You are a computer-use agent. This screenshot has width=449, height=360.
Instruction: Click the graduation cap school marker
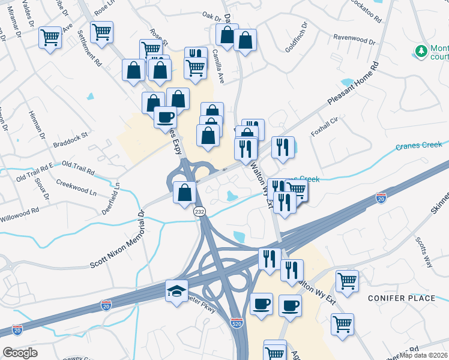coord(176,291)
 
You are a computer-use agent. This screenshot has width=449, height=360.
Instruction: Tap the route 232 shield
coord(200,212)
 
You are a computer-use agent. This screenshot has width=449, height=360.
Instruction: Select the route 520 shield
coord(237,323)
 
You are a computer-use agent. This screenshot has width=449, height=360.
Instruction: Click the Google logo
coord(20,353)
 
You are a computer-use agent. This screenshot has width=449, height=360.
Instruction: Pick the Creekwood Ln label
coord(76,185)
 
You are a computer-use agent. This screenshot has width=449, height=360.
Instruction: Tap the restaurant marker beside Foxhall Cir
coord(283,148)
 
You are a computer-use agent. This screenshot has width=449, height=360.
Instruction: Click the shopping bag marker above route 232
coord(185,193)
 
